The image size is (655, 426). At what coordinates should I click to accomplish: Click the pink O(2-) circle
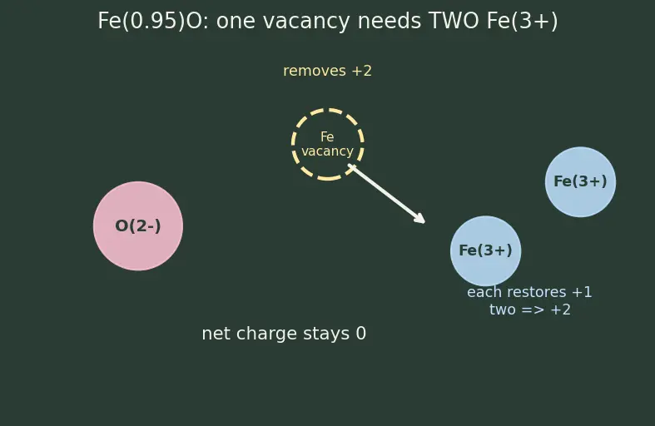point(138,226)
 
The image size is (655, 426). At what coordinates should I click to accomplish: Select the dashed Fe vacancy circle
point(292,145)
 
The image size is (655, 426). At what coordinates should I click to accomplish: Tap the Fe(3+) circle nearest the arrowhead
point(485,251)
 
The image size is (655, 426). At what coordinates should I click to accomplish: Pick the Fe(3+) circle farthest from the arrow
point(580,181)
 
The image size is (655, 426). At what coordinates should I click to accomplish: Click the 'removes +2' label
point(328,71)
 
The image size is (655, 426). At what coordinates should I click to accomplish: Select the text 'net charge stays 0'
point(284,334)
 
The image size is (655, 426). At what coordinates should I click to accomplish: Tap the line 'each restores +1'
point(529,292)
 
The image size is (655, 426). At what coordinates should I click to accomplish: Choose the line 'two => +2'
point(529,310)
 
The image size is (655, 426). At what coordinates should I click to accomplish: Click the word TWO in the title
point(454,21)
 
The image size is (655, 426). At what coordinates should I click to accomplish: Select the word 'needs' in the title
point(390,21)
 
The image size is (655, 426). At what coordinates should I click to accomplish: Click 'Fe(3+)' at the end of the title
point(522,21)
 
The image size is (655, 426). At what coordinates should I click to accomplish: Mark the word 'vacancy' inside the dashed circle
point(328,151)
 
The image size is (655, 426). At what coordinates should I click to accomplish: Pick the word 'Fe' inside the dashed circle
point(327,136)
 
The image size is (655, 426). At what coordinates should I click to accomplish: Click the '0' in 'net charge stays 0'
point(361,334)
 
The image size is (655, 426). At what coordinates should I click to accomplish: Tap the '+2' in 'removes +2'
point(362,71)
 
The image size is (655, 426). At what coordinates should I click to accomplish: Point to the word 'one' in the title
point(236,22)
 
